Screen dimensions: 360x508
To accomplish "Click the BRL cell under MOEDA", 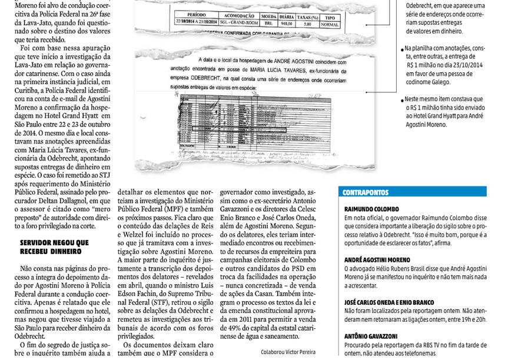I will click(x=268, y=25).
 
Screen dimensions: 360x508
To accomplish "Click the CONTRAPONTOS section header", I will click(x=366, y=192).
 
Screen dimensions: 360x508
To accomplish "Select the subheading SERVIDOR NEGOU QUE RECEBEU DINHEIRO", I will click(x=54, y=246).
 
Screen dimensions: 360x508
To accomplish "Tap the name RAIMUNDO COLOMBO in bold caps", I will click(x=371, y=209).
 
